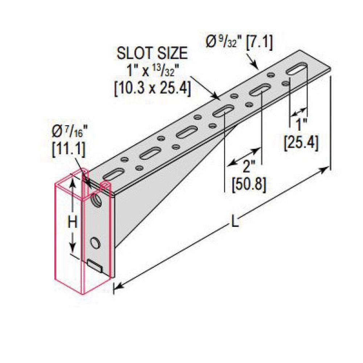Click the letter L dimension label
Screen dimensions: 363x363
click(x=235, y=222)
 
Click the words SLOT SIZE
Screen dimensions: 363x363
click(x=152, y=54)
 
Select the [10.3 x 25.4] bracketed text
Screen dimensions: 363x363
click(x=152, y=88)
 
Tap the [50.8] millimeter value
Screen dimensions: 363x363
click(x=249, y=185)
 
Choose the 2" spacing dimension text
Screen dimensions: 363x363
click(x=248, y=168)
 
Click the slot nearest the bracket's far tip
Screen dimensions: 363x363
click(x=298, y=69)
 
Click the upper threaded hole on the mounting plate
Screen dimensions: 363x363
click(x=97, y=200)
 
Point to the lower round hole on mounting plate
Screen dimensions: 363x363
click(x=95, y=242)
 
